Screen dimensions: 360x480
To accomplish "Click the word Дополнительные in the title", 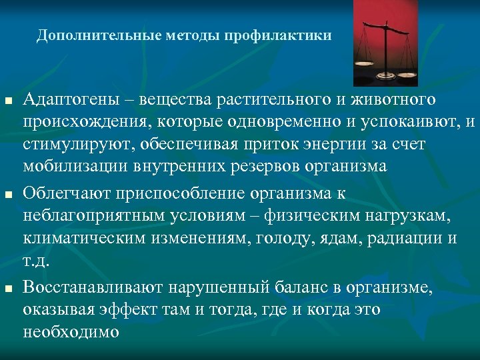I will coord(87,35).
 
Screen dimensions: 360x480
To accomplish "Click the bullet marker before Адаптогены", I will coord(7,101).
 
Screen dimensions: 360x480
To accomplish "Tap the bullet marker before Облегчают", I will coord(7,195).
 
